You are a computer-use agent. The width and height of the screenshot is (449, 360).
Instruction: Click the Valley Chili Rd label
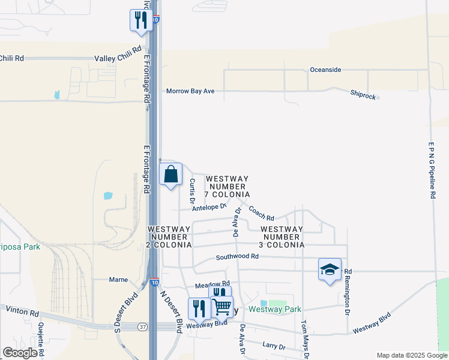[118, 58]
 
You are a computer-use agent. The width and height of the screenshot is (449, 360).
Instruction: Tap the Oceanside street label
[325, 70]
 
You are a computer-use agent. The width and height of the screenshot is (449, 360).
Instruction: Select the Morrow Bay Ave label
[190, 91]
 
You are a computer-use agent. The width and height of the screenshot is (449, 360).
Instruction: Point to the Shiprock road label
[363, 94]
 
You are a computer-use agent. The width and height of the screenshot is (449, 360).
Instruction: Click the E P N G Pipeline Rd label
[432, 171]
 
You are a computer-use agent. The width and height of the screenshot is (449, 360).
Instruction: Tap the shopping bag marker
[171, 175]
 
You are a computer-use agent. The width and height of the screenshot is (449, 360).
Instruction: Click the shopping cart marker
[223, 307]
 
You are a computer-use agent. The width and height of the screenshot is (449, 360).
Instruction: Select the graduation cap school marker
[330, 269]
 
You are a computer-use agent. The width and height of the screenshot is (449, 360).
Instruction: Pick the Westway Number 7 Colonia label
[228, 187]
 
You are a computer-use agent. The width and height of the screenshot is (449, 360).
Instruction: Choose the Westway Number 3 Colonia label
[282, 237]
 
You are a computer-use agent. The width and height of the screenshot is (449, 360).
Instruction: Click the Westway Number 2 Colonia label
[170, 237]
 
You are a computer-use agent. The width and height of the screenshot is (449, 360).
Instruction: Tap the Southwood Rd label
[237, 257]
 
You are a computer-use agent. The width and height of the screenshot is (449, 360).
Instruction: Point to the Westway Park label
[275, 310]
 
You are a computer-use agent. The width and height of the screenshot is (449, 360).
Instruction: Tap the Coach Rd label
[262, 212]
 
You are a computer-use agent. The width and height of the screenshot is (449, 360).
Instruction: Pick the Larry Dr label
[273, 346]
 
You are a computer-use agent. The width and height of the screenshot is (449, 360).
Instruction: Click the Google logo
[20, 353]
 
